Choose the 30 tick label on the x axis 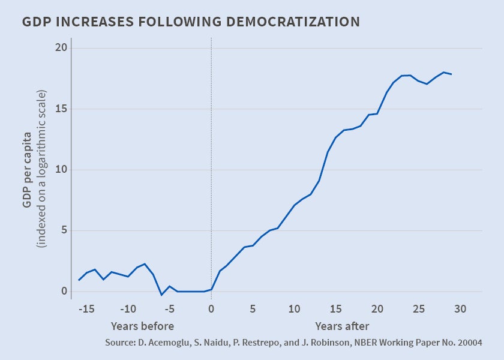coord(460,309)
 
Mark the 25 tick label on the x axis coord(419,309)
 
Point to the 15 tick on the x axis coord(335,309)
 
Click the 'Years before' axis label coord(142,326)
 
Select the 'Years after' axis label coord(342,326)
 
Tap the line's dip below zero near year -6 coord(161,295)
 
